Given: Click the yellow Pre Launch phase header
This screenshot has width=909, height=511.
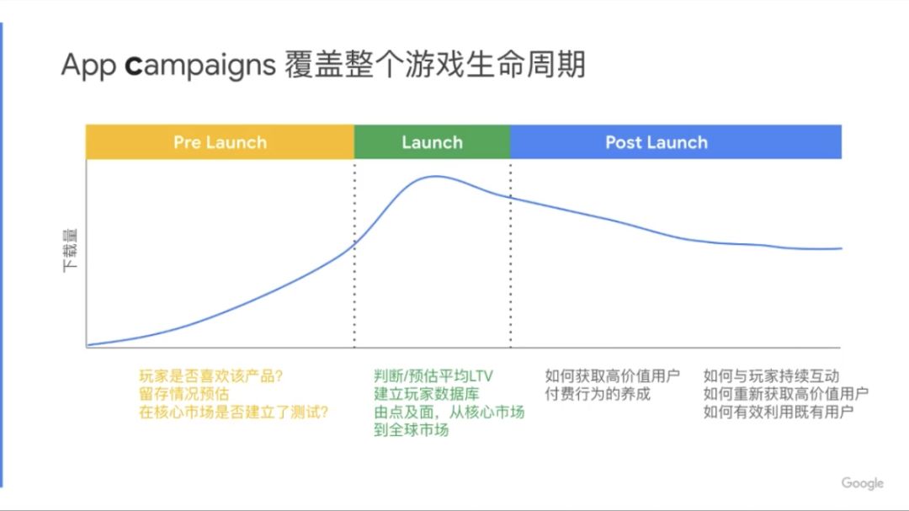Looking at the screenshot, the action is (x=220, y=142).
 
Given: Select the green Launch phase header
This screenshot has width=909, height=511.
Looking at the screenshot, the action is (x=433, y=142).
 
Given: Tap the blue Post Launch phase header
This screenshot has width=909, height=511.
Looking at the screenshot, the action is (x=676, y=142).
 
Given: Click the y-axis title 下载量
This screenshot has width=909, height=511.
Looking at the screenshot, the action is (x=70, y=251).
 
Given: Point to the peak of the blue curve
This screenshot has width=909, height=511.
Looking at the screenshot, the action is (x=436, y=176).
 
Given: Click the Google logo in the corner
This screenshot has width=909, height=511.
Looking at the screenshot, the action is (x=862, y=483).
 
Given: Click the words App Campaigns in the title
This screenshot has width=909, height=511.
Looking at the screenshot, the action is (x=168, y=65).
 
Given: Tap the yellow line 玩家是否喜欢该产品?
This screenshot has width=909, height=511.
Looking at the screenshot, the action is (x=211, y=375).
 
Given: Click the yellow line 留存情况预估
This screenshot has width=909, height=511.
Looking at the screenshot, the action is (x=184, y=394).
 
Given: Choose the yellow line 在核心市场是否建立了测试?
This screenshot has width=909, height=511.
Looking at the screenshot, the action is (x=234, y=412).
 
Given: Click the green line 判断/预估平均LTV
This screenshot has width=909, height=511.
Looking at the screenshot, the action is (x=433, y=375).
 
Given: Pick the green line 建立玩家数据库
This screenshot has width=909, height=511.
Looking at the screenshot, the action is (x=427, y=394).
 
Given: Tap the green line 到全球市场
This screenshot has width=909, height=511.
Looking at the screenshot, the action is (x=412, y=430).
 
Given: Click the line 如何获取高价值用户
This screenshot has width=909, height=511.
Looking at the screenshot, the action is (x=612, y=375).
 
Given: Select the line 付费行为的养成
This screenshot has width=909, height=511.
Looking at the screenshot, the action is (x=598, y=394).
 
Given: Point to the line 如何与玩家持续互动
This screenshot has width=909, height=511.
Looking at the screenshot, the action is (x=771, y=375).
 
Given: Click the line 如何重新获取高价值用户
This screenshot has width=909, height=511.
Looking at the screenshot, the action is (x=786, y=394).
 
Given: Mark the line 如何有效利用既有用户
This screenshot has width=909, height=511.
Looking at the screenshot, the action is (x=779, y=412).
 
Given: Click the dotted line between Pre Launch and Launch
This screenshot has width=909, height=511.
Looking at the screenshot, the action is (x=354, y=255).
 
